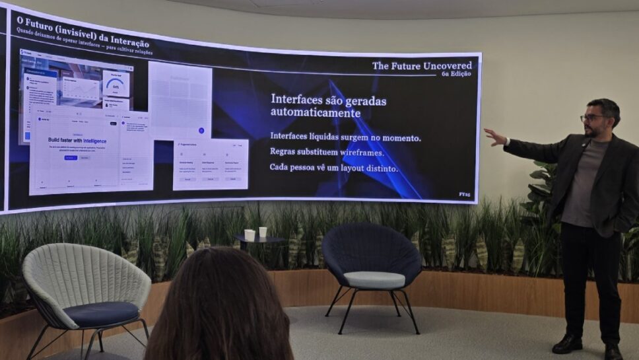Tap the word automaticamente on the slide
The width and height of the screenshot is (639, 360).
click(316, 114)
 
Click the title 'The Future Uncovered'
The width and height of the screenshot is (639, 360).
click(422, 65)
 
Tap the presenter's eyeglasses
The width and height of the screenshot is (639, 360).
click(592, 118)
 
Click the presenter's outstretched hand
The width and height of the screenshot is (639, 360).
click(494, 137)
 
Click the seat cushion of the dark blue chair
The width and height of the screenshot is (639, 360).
click(374, 279)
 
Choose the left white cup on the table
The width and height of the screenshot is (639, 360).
click(250, 234)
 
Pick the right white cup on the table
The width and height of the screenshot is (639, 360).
click(263, 232)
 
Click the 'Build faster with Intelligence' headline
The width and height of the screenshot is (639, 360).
click(77, 141)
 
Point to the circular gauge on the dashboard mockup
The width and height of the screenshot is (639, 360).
click(116, 85)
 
